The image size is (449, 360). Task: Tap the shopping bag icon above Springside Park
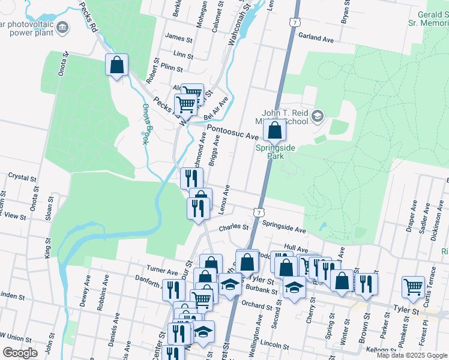[274, 130]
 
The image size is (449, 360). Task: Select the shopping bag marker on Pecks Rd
[117, 65]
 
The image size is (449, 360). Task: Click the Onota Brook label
[146, 124]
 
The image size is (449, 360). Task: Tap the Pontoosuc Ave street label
[233, 132]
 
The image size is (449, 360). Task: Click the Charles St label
[234, 227]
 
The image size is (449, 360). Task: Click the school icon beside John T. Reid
[318, 115]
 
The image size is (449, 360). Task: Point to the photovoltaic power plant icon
[63, 26]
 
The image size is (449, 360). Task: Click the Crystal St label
[23, 178]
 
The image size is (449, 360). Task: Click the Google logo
[19, 353]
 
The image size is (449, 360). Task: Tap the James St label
[178, 38]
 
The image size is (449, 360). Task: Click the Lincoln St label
[276, 346]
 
